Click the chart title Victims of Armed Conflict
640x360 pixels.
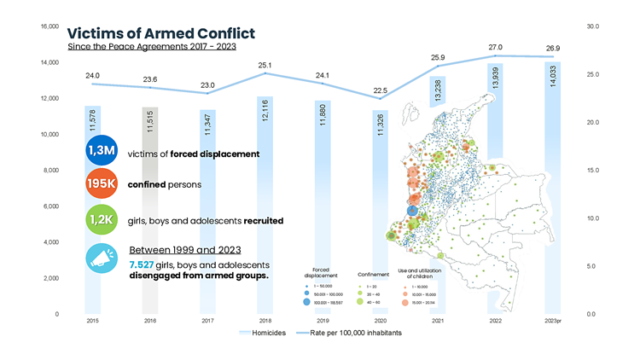click(x=160, y=33)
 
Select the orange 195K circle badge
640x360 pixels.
click(x=102, y=185)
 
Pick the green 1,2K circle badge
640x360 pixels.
click(x=102, y=219)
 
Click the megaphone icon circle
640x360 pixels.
click(x=102, y=258)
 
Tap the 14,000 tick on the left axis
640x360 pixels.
click(x=49, y=63)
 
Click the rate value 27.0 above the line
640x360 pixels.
click(x=495, y=47)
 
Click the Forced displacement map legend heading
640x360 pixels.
click(x=321, y=272)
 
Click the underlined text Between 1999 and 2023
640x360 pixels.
click(x=184, y=251)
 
